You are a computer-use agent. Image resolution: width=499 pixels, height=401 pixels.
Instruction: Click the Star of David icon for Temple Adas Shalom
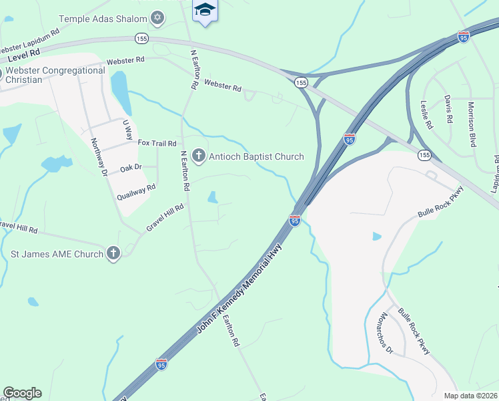[157, 18]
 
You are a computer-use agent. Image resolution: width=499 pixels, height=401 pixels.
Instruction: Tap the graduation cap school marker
[205, 10]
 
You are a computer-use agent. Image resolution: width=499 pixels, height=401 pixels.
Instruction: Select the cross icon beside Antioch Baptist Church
[198, 156]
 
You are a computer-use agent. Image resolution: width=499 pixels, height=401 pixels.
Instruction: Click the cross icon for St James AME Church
[113, 253]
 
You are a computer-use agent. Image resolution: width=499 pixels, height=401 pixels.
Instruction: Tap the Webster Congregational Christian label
[53, 75]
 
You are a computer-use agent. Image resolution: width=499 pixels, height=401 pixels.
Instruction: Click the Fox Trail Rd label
[157, 143]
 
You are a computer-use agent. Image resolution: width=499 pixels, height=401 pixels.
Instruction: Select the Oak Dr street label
[130, 167]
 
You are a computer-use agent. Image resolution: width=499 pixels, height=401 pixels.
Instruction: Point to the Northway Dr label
[99, 156]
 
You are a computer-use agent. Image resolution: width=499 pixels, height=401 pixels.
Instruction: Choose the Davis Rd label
[448, 108]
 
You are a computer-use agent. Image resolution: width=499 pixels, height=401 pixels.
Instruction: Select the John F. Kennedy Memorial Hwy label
[240, 289]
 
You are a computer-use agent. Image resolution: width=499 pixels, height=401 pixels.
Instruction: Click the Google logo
[22, 393]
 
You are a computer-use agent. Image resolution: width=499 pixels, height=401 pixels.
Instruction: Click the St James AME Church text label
[57, 253]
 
